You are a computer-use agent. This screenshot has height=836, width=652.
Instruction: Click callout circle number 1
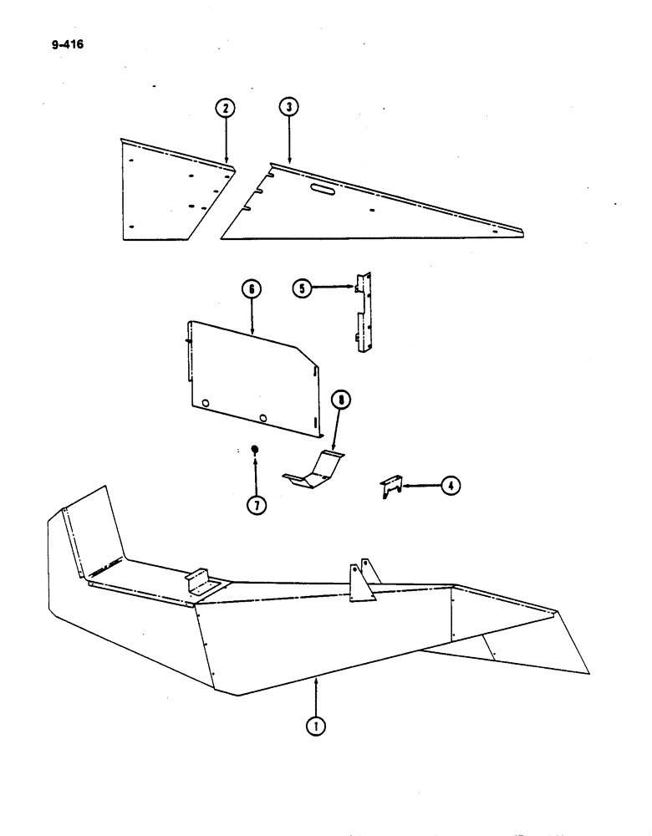tap(316, 726)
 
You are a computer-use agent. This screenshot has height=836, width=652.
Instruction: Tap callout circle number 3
tap(288, 107)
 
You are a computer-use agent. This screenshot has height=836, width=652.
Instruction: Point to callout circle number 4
tap(451, 484)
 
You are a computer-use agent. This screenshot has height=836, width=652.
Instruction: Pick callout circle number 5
tap(302, 288)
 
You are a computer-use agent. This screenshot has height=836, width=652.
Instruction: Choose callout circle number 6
tap(252, 289)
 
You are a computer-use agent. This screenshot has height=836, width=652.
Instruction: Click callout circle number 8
tap(341, 400)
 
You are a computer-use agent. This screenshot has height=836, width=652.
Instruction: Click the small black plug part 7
tap(256, 450)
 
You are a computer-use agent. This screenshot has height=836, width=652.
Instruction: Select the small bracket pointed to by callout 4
tap(392, 485)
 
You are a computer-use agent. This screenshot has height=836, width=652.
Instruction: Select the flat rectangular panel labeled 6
tap(251, 376)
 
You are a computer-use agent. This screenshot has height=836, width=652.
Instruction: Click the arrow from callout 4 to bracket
tap(420, 484)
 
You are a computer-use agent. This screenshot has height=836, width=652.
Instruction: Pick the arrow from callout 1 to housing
tap(316, 696)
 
